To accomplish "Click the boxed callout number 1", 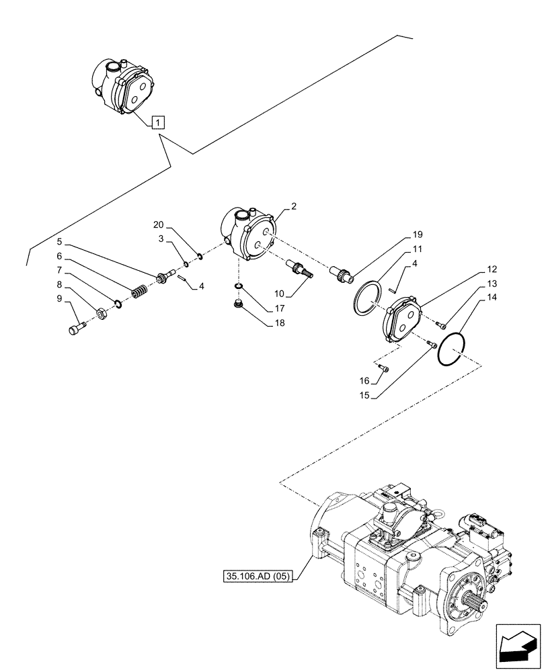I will point(157,122).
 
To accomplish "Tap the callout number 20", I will point(157,226).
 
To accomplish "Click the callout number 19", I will point(418,235).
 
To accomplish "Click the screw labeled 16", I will point(384,367).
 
